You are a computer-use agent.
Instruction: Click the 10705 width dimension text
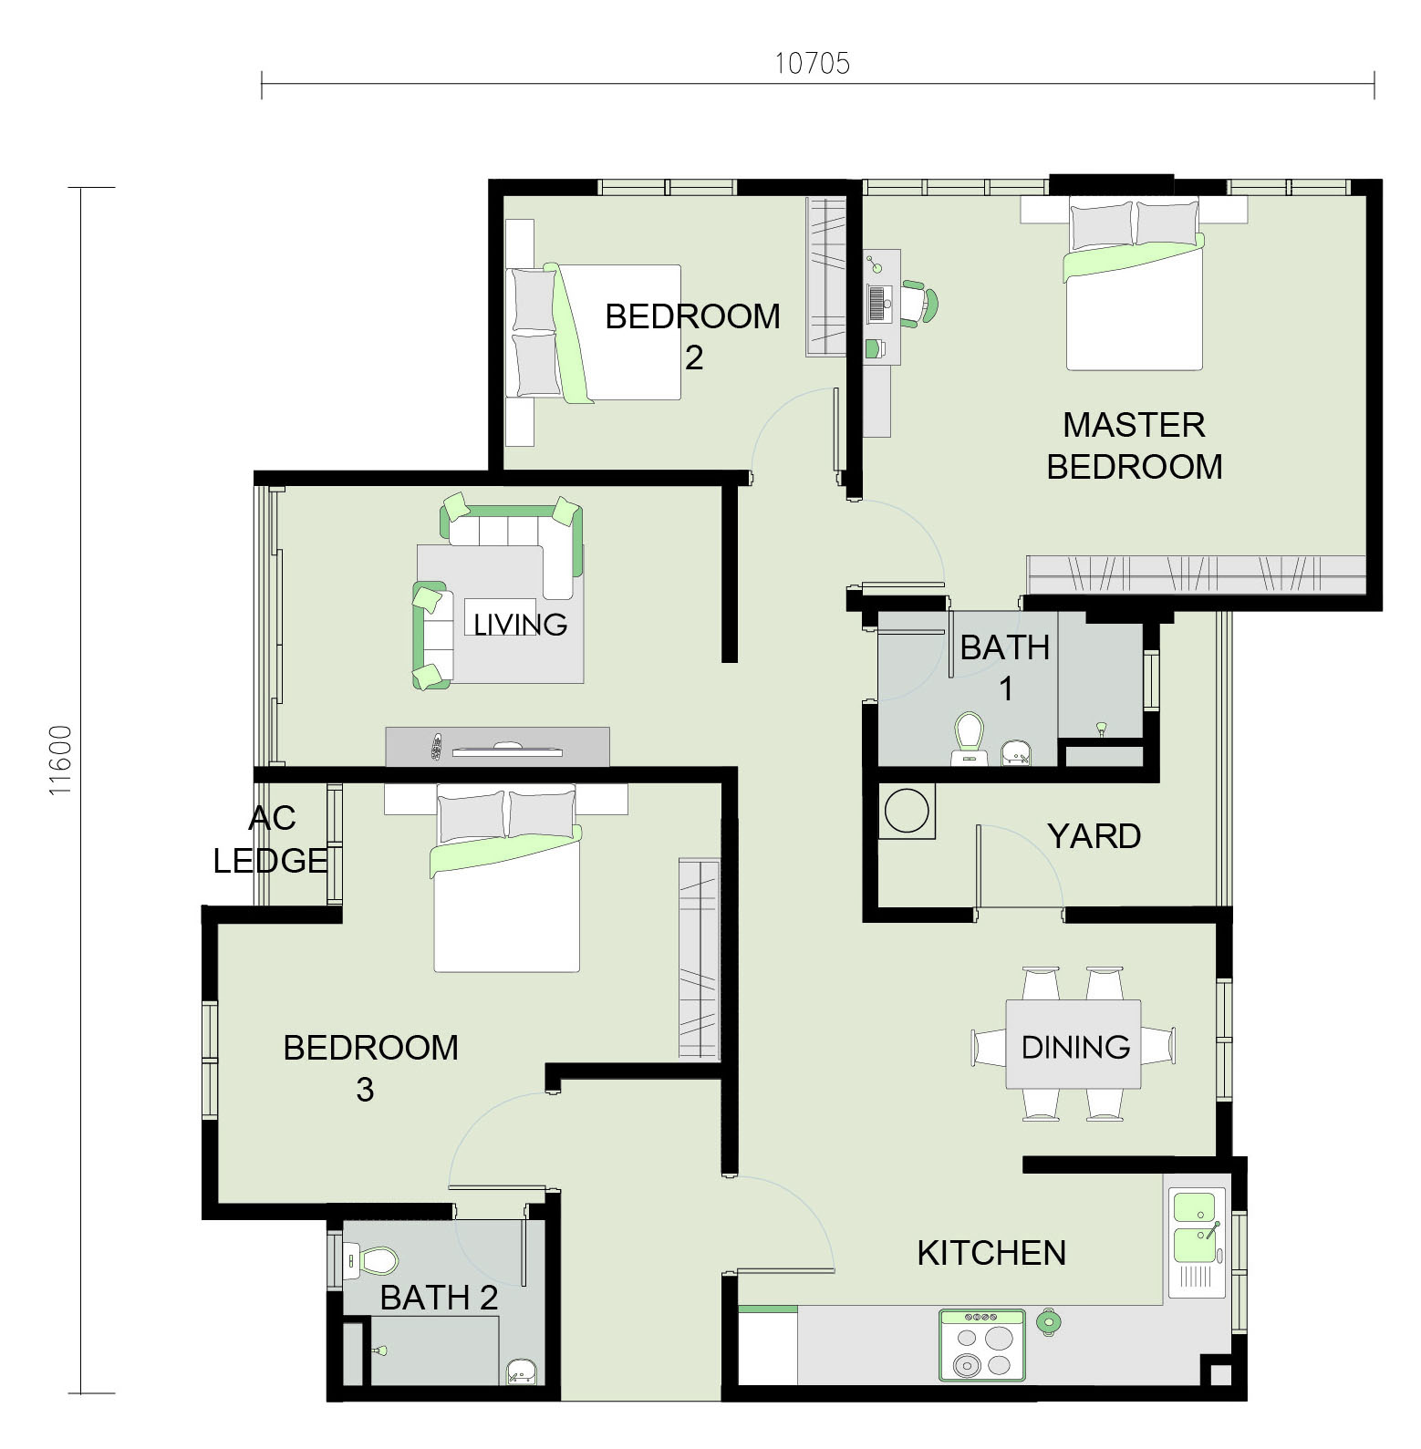pos(812,63)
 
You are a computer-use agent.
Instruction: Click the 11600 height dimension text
pos(60,761)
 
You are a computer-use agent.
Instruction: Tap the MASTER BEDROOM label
pos(1134,446)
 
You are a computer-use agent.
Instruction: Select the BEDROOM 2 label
pos(693,336)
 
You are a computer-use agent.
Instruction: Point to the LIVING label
pos(520,625)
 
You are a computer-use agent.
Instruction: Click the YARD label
pos(1094,836)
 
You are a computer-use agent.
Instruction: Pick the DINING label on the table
pos(1075,1047)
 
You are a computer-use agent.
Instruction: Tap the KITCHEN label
pos(991,1253)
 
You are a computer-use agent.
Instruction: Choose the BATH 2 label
pos(439,1298)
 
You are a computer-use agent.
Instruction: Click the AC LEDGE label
pos(271,839)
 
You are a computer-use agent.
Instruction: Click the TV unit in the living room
pos(497,747)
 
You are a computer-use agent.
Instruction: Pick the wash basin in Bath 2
pos(521,1371)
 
